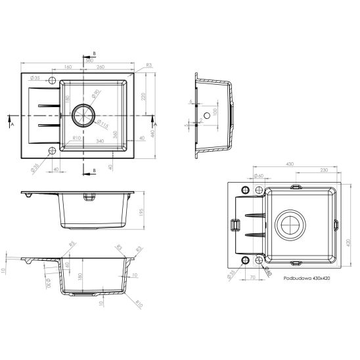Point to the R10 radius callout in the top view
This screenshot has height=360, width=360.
point(76,137)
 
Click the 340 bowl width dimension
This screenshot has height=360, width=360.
point(101,141)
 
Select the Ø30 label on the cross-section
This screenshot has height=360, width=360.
point(48,282)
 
